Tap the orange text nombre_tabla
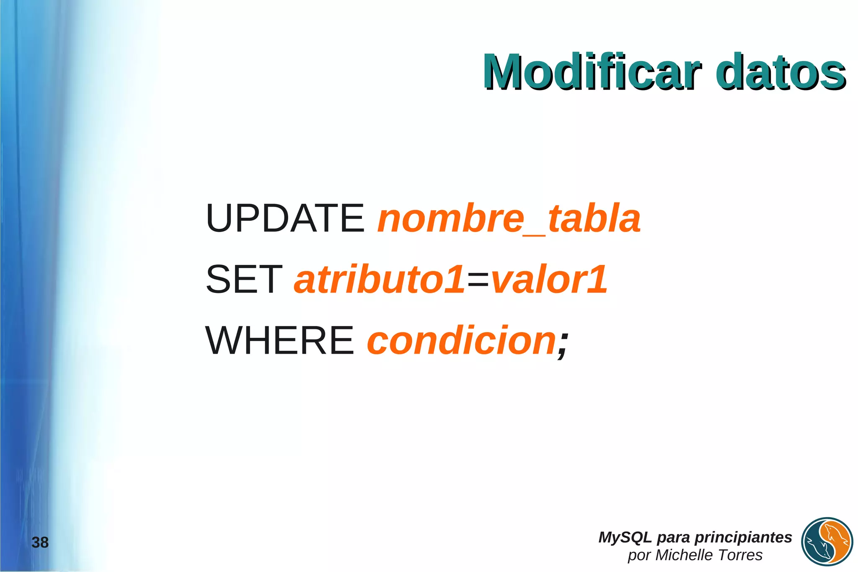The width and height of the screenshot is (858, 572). click(x=509, y=219)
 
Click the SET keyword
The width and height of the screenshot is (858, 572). click(x=244, y=279)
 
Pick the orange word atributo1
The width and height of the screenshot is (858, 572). click(x=380, y=279)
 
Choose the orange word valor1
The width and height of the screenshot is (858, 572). click(x=549, y=279)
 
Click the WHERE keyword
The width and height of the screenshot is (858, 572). click(x=280, y=340)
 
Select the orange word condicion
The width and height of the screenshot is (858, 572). click(x=461, y=340)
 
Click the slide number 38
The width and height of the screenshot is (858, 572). click(x=40, y=542)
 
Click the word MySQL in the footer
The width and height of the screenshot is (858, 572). click(x=625, y=537)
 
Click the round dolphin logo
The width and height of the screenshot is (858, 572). click(x=827, y=541)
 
